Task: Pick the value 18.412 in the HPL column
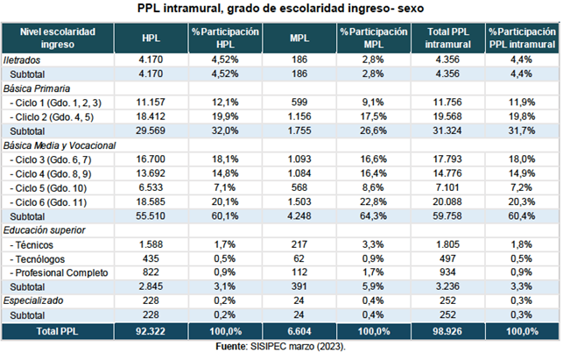click(x=151, y=116)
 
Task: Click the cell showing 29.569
click(x=151, y=131)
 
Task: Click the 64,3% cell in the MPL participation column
click(x=374, y=215)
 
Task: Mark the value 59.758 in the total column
click(x=447, y=215)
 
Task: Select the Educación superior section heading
click(x=43, y=229)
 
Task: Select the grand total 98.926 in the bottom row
click(x=447, y=331)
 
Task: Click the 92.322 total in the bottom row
click(x=151, y=331)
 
